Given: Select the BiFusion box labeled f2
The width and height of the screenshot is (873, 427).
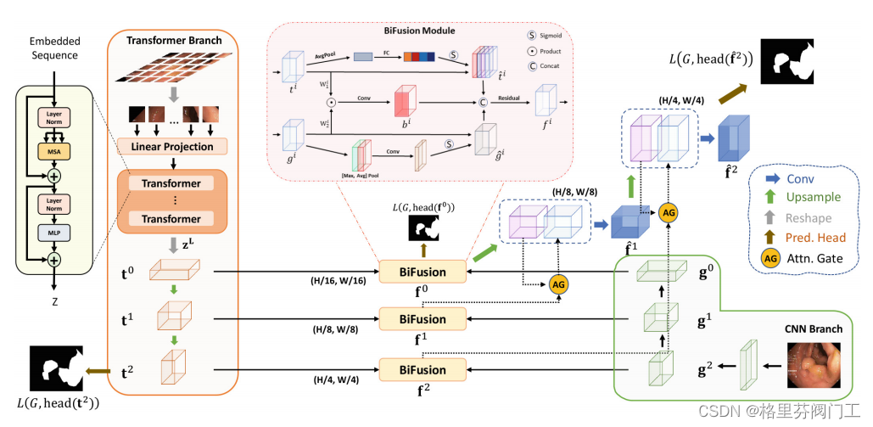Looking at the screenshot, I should [x=423, y=369].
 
